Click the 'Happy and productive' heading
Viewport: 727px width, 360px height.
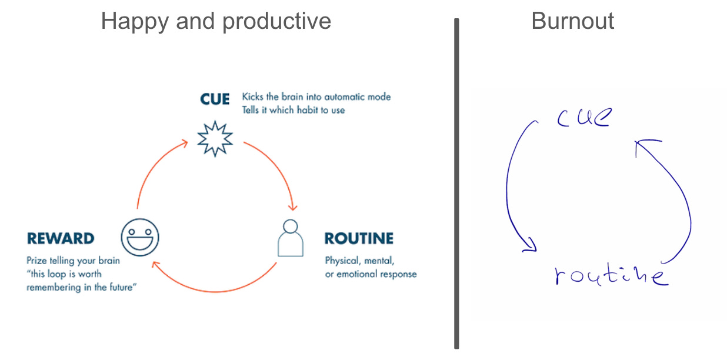point(216,21)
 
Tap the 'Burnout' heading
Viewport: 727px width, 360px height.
point(572,21)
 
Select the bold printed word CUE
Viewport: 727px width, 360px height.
point(215,99)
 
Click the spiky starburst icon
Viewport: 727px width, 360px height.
point(215,138)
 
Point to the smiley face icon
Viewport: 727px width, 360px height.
point(140,237)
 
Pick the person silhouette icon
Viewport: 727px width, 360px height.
point(291,238)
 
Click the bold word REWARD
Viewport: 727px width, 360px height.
point(61,238)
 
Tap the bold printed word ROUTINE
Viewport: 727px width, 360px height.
point(359,238)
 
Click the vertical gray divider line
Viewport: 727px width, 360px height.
point(456,182)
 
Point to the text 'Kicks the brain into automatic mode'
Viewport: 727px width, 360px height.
point(316,96)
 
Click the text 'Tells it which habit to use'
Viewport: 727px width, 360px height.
point(294,110)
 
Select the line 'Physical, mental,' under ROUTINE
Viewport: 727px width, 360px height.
point(360,260)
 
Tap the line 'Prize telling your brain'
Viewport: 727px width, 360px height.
point(73,260)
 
